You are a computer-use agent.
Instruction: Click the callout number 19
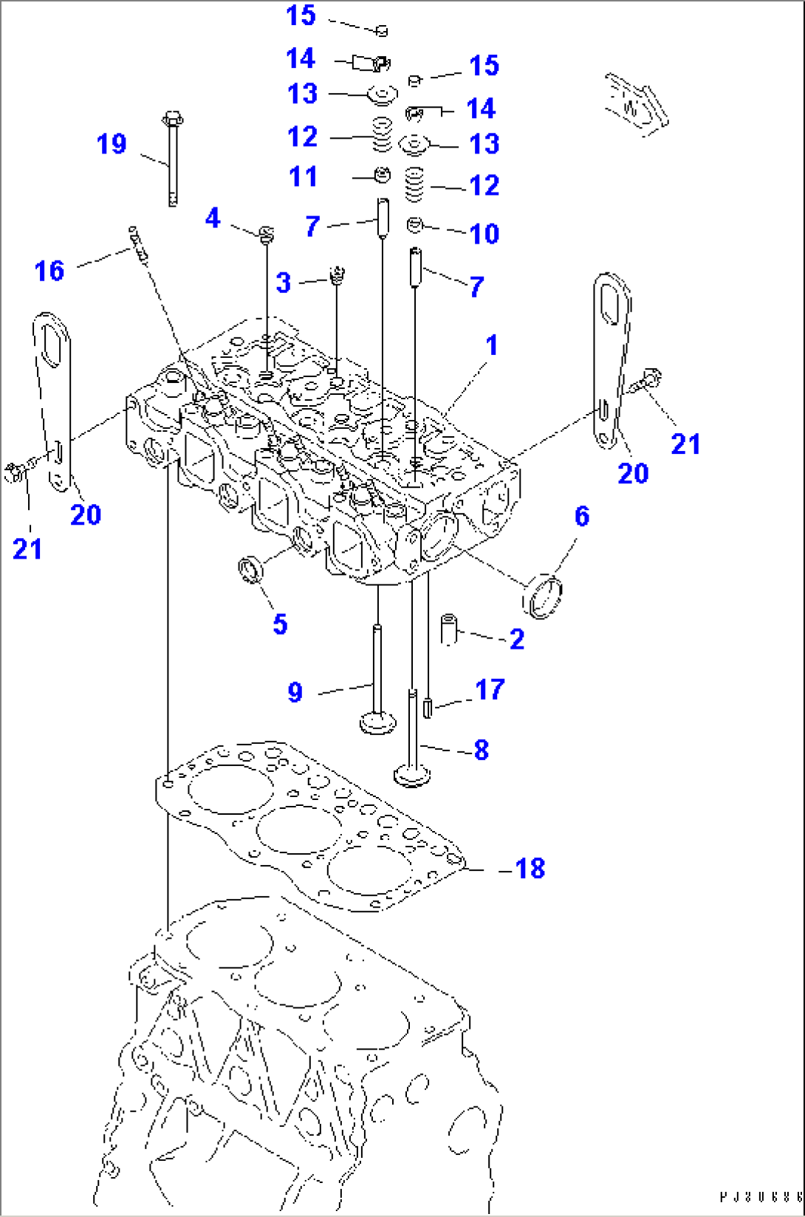coord(112,144)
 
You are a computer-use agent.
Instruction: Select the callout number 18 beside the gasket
coord(530,868)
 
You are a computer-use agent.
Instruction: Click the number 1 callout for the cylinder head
coord(492,345)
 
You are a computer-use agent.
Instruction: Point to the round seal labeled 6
coord(543,596)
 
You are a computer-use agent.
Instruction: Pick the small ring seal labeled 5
coord(250,570)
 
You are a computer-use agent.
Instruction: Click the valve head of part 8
coord(412,776)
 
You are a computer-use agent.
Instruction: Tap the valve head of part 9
coord(377,722)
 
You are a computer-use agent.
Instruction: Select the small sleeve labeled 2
coord(449,630)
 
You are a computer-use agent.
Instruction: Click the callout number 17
coord(490,689)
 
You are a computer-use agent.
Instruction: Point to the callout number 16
coord(49,271)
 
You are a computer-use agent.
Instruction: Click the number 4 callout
coord(213,218)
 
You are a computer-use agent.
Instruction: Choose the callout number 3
coord(284,282)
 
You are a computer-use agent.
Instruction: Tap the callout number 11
coord(303,176)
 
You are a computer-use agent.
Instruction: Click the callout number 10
coord(484,234)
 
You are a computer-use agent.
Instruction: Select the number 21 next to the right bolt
coord(685,444)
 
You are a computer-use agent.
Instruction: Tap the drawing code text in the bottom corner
coord(761,1197)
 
